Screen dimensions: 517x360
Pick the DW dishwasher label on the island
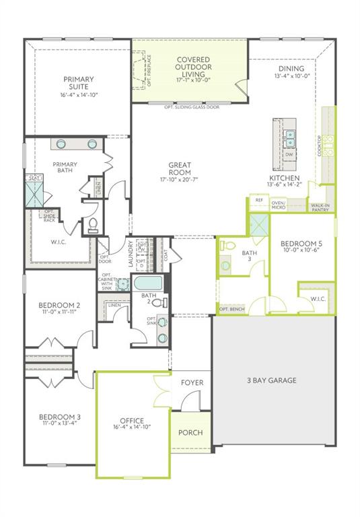point(289,155)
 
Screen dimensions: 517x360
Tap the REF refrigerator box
point(258,200)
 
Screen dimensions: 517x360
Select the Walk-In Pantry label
point(320,207)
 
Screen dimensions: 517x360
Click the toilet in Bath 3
point(227,245)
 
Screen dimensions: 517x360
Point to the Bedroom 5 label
point(297,247)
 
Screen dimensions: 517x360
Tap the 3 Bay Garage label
point(273,380)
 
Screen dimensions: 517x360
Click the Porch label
point(190,432)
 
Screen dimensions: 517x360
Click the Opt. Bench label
point(232,309)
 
